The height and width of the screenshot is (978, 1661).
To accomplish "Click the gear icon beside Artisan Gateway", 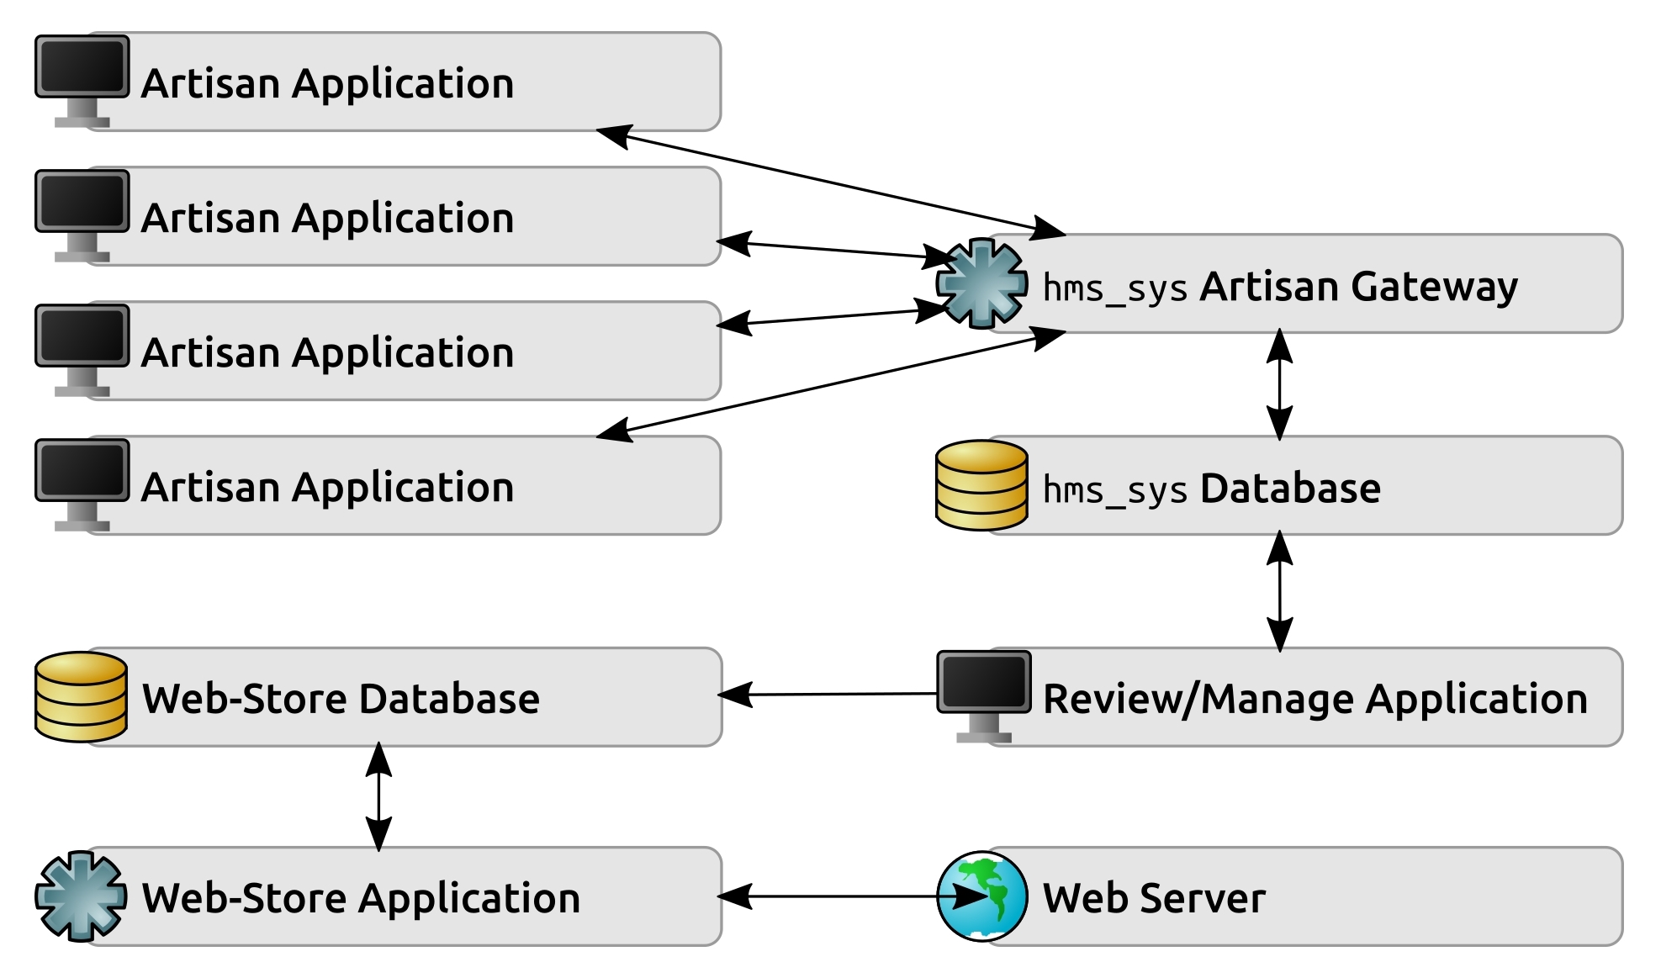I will tap(981, 283).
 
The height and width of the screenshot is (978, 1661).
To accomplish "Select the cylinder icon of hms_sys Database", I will tap(981, 485).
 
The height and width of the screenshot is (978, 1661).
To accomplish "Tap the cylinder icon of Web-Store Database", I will tap(81, 696).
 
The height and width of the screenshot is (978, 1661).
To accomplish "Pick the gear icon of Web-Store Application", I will tap(81, 896).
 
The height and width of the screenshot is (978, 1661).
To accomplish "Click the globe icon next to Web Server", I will tap(981, 896).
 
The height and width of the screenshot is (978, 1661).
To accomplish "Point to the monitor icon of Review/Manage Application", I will tap(983, 691).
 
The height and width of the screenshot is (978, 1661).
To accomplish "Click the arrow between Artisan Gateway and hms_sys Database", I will tap(1279, 384).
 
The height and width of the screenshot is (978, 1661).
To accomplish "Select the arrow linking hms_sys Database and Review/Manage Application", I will tap(1279, 591).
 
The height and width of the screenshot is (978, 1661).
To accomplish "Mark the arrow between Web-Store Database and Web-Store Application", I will tap(378, 796).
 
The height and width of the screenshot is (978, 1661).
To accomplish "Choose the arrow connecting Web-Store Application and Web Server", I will tap(833, 896).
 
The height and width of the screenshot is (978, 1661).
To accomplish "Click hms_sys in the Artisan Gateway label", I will tap(1114, 288).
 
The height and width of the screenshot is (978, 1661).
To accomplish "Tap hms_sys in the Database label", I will tap(1114, 490).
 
